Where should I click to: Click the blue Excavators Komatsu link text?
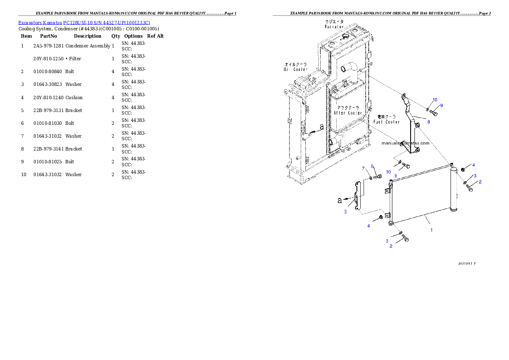[84, 23]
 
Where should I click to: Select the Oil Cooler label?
[296, 67]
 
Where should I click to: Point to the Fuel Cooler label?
[386, 119]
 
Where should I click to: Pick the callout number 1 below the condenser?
[431, 230]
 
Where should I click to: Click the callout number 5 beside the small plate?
[345, 211]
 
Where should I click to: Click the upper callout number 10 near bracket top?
[435, 100]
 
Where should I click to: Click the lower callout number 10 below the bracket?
[388, 171]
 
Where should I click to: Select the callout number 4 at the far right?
[473, 165]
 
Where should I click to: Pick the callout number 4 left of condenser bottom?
[368, 226]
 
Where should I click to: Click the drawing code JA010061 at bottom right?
[467, 263]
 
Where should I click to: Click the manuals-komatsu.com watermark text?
[405, 143]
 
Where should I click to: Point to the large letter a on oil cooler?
[322, 127]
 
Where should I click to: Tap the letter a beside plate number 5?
[340, 200]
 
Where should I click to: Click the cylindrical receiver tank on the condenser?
[453, 188]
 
